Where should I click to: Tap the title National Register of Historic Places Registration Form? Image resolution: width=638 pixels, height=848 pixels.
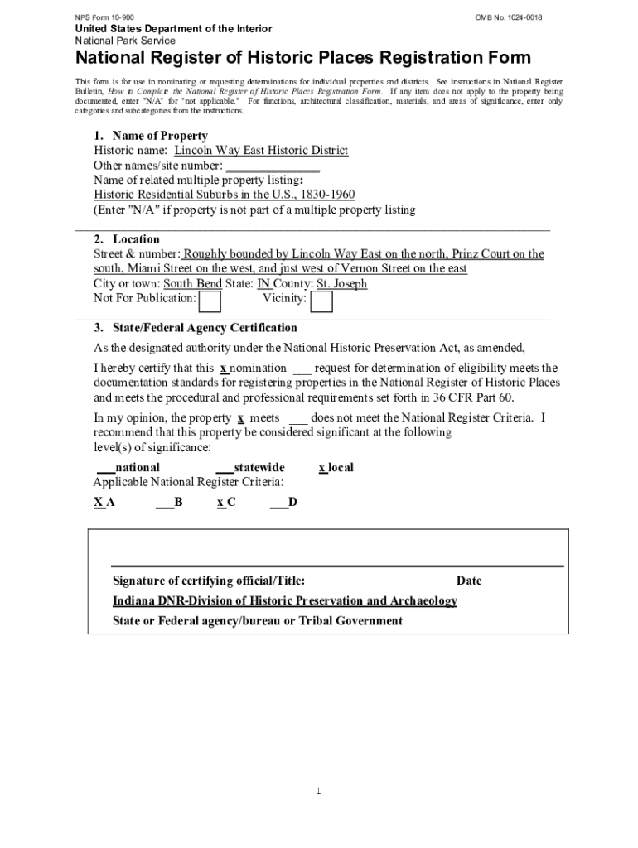tap(303, 58)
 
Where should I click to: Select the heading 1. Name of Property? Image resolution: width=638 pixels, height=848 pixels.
tap(150, 136)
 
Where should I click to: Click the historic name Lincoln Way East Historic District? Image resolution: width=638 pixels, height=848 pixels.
tap(260, 151)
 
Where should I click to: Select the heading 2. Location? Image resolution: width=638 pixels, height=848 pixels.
tap(126, 240)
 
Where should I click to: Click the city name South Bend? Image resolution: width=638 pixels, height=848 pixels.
tap(192, 284)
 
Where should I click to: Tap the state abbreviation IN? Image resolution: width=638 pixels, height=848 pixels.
tap(264, 284)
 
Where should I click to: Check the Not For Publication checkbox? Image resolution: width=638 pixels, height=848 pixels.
tap(210, 302)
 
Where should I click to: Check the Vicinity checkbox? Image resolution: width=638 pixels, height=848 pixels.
tap(321, 302)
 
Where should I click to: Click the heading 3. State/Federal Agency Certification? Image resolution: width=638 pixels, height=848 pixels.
tap(195, 328)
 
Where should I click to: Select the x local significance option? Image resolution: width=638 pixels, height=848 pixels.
tap(336, 468)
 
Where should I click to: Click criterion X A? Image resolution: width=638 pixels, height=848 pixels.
tap(104, 502)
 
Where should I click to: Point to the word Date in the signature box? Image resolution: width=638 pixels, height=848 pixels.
tap(468, 581)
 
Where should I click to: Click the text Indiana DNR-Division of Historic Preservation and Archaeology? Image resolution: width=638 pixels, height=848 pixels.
tap(284, 600)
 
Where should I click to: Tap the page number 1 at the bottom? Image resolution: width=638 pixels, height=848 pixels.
tap(318, 792)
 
